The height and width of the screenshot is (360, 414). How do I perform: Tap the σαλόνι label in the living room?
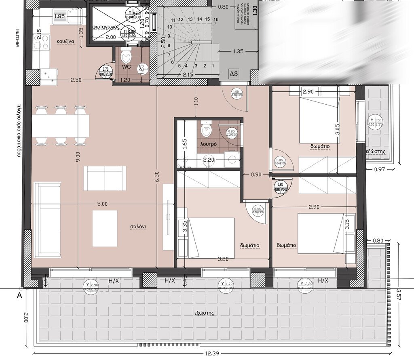click(137, 227)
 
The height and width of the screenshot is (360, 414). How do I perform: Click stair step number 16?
click(216, 19)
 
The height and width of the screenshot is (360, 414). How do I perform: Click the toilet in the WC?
click(126, 55)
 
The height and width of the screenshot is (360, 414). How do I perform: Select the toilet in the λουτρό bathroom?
click(206, 129)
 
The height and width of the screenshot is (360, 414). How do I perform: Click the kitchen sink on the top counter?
click(75, 17)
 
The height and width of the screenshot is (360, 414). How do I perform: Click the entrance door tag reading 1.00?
click(236, 94)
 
